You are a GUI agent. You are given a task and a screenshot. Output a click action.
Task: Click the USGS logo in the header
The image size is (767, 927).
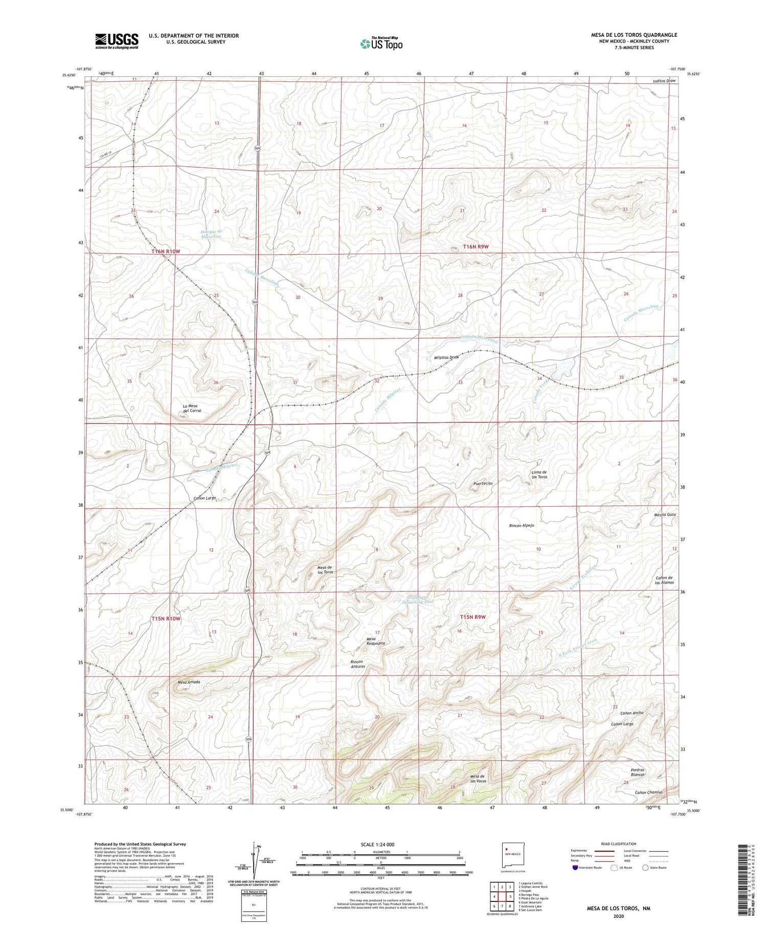coord(117,41)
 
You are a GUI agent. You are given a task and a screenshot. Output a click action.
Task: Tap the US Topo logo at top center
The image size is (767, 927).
coord(381,44)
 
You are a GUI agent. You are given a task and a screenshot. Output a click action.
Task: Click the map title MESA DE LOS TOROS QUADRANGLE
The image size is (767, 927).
coord(634,35)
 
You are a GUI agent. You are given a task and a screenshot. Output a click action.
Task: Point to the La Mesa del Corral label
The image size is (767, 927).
coord(192,408)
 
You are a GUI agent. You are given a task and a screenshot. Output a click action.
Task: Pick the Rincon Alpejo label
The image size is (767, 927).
coord(522,525)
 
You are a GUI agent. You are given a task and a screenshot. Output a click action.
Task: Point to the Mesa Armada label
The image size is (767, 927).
coord(189,682)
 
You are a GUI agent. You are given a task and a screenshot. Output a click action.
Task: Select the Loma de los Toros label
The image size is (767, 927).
coord(539,474)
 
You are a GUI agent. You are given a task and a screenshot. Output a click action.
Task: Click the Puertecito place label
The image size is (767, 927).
coord(483,483)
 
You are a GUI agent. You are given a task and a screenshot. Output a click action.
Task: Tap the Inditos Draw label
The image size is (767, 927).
coord(664,81)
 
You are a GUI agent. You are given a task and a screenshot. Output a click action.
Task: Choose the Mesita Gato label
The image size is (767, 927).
coord(664,514)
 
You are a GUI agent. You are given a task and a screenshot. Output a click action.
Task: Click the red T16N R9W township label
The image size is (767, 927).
coord(476,247)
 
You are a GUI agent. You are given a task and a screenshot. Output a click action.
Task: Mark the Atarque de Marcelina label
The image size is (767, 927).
coord(211,234)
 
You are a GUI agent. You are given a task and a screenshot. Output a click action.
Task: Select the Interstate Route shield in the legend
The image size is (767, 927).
coord(575,867)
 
